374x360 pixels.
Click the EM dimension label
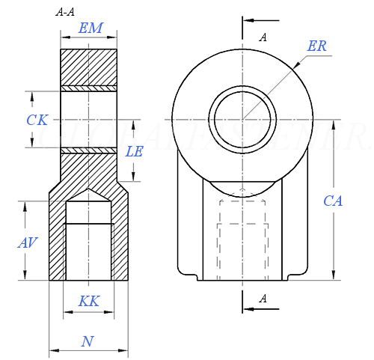pyautogui.click(x=91, y=29)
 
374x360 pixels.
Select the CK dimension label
pyautogui.click(x=37, y=120)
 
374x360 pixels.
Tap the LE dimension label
pyautogui.click(x=135, y=151)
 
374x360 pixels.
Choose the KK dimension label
pyautogui.click(x=89, y=302)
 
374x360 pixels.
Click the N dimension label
pyautogui.click(x=88, y=341)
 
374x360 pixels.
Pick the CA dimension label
pyautogui.click(x=333, y=201)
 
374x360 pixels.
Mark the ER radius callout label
pyautogui.click(x=317, y=45)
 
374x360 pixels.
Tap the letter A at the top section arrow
pyautogui.click(x=263, y=37)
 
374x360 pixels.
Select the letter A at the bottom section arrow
pyautogui.click(x=263, y=299)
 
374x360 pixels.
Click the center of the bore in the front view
pyautogui.click(x=242, y=119)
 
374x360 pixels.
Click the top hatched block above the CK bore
pyautogui.click(x=89, y=67)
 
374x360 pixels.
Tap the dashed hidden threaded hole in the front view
pyautogui.click(x=242, y=240)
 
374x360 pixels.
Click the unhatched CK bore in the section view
pyautogui.click(x=89, y=120)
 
